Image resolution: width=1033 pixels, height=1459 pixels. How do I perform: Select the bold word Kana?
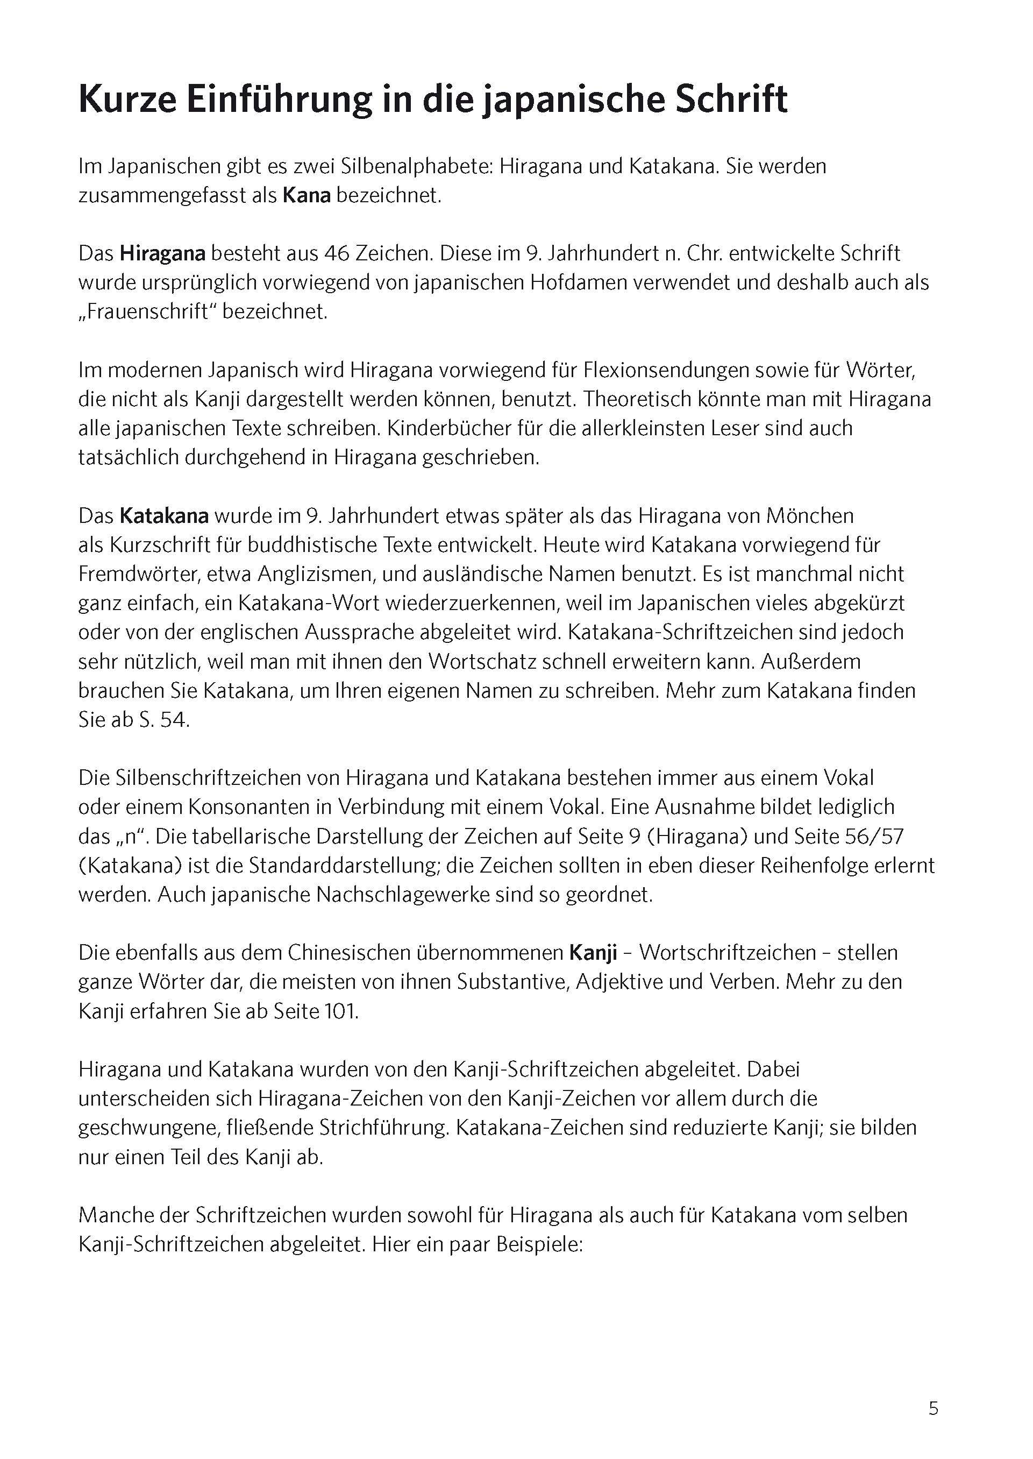307,195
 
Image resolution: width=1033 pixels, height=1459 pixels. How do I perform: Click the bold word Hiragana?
162,253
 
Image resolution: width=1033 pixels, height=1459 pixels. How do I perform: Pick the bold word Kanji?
593,953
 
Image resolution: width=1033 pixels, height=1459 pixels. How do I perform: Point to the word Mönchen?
810,515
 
